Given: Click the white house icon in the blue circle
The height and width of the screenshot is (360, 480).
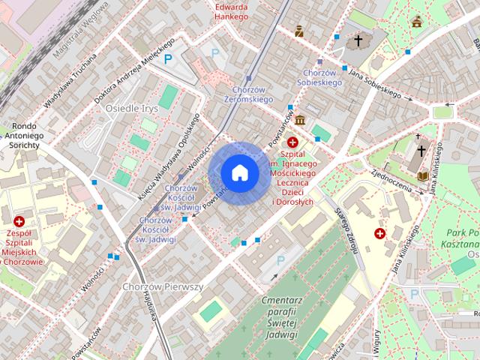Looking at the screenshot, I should [239, 172].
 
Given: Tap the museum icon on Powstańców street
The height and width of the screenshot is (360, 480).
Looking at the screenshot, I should [300, 121].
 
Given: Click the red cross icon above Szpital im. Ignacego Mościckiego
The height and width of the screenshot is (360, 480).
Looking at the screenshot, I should [292, 142].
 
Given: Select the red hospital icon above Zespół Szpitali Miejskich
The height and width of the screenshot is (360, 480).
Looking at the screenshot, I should [19, 221].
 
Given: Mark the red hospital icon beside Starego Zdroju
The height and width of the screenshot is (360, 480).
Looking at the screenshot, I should [380, 234].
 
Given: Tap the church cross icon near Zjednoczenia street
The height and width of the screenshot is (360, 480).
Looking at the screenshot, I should [421, 150].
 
